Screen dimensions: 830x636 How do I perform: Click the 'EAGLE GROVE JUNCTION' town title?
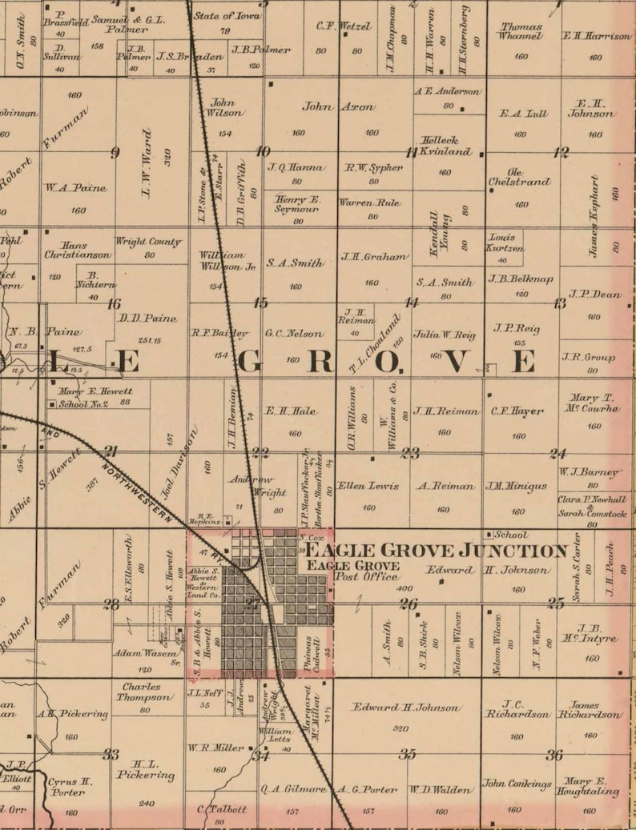[x=437, y=551]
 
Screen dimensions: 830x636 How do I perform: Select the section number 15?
[x=260, y=303]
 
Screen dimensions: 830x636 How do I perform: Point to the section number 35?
[x=408, y=754]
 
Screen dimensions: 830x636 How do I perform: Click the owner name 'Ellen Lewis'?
[x=368, y=485]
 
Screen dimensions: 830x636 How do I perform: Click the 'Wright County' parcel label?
[x=148, y=241]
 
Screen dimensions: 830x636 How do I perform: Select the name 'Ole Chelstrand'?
[x=520, y=177]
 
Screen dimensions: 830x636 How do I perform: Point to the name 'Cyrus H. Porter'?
[x=68, y=787]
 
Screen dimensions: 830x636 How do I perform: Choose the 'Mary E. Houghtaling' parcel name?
[x=589, y=786]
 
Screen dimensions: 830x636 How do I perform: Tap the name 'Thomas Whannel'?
[x=520, y=31]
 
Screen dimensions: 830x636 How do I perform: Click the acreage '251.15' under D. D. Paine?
[x=145, y=340]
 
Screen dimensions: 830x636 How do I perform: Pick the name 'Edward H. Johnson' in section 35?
[x=408, y=708]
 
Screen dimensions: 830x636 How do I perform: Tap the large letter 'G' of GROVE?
[x=249, y=362]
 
